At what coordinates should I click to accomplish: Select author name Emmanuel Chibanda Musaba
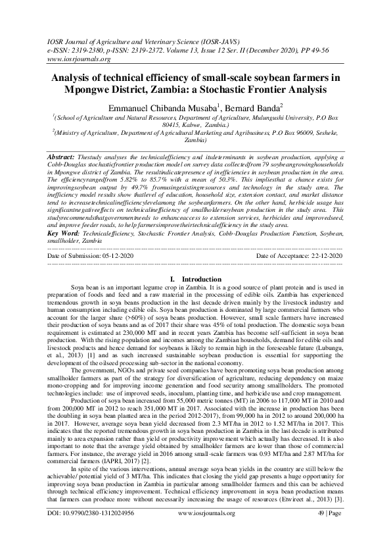pyautogui.click(x=165, y=107)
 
